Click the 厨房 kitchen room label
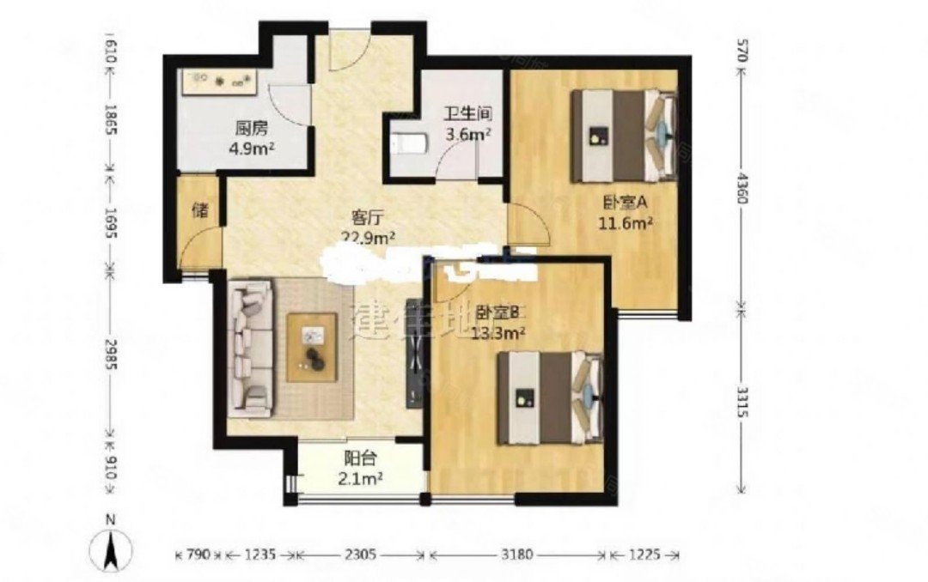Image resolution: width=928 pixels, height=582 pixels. [x=251, y=129]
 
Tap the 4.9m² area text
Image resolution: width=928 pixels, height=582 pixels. [x=252, y=148]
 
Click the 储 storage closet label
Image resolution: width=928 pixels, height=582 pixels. [x=199, y=211]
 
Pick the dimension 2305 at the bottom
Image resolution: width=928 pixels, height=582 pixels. [x=360, y=555]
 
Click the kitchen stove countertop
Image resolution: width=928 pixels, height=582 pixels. [x=222, y=82]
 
